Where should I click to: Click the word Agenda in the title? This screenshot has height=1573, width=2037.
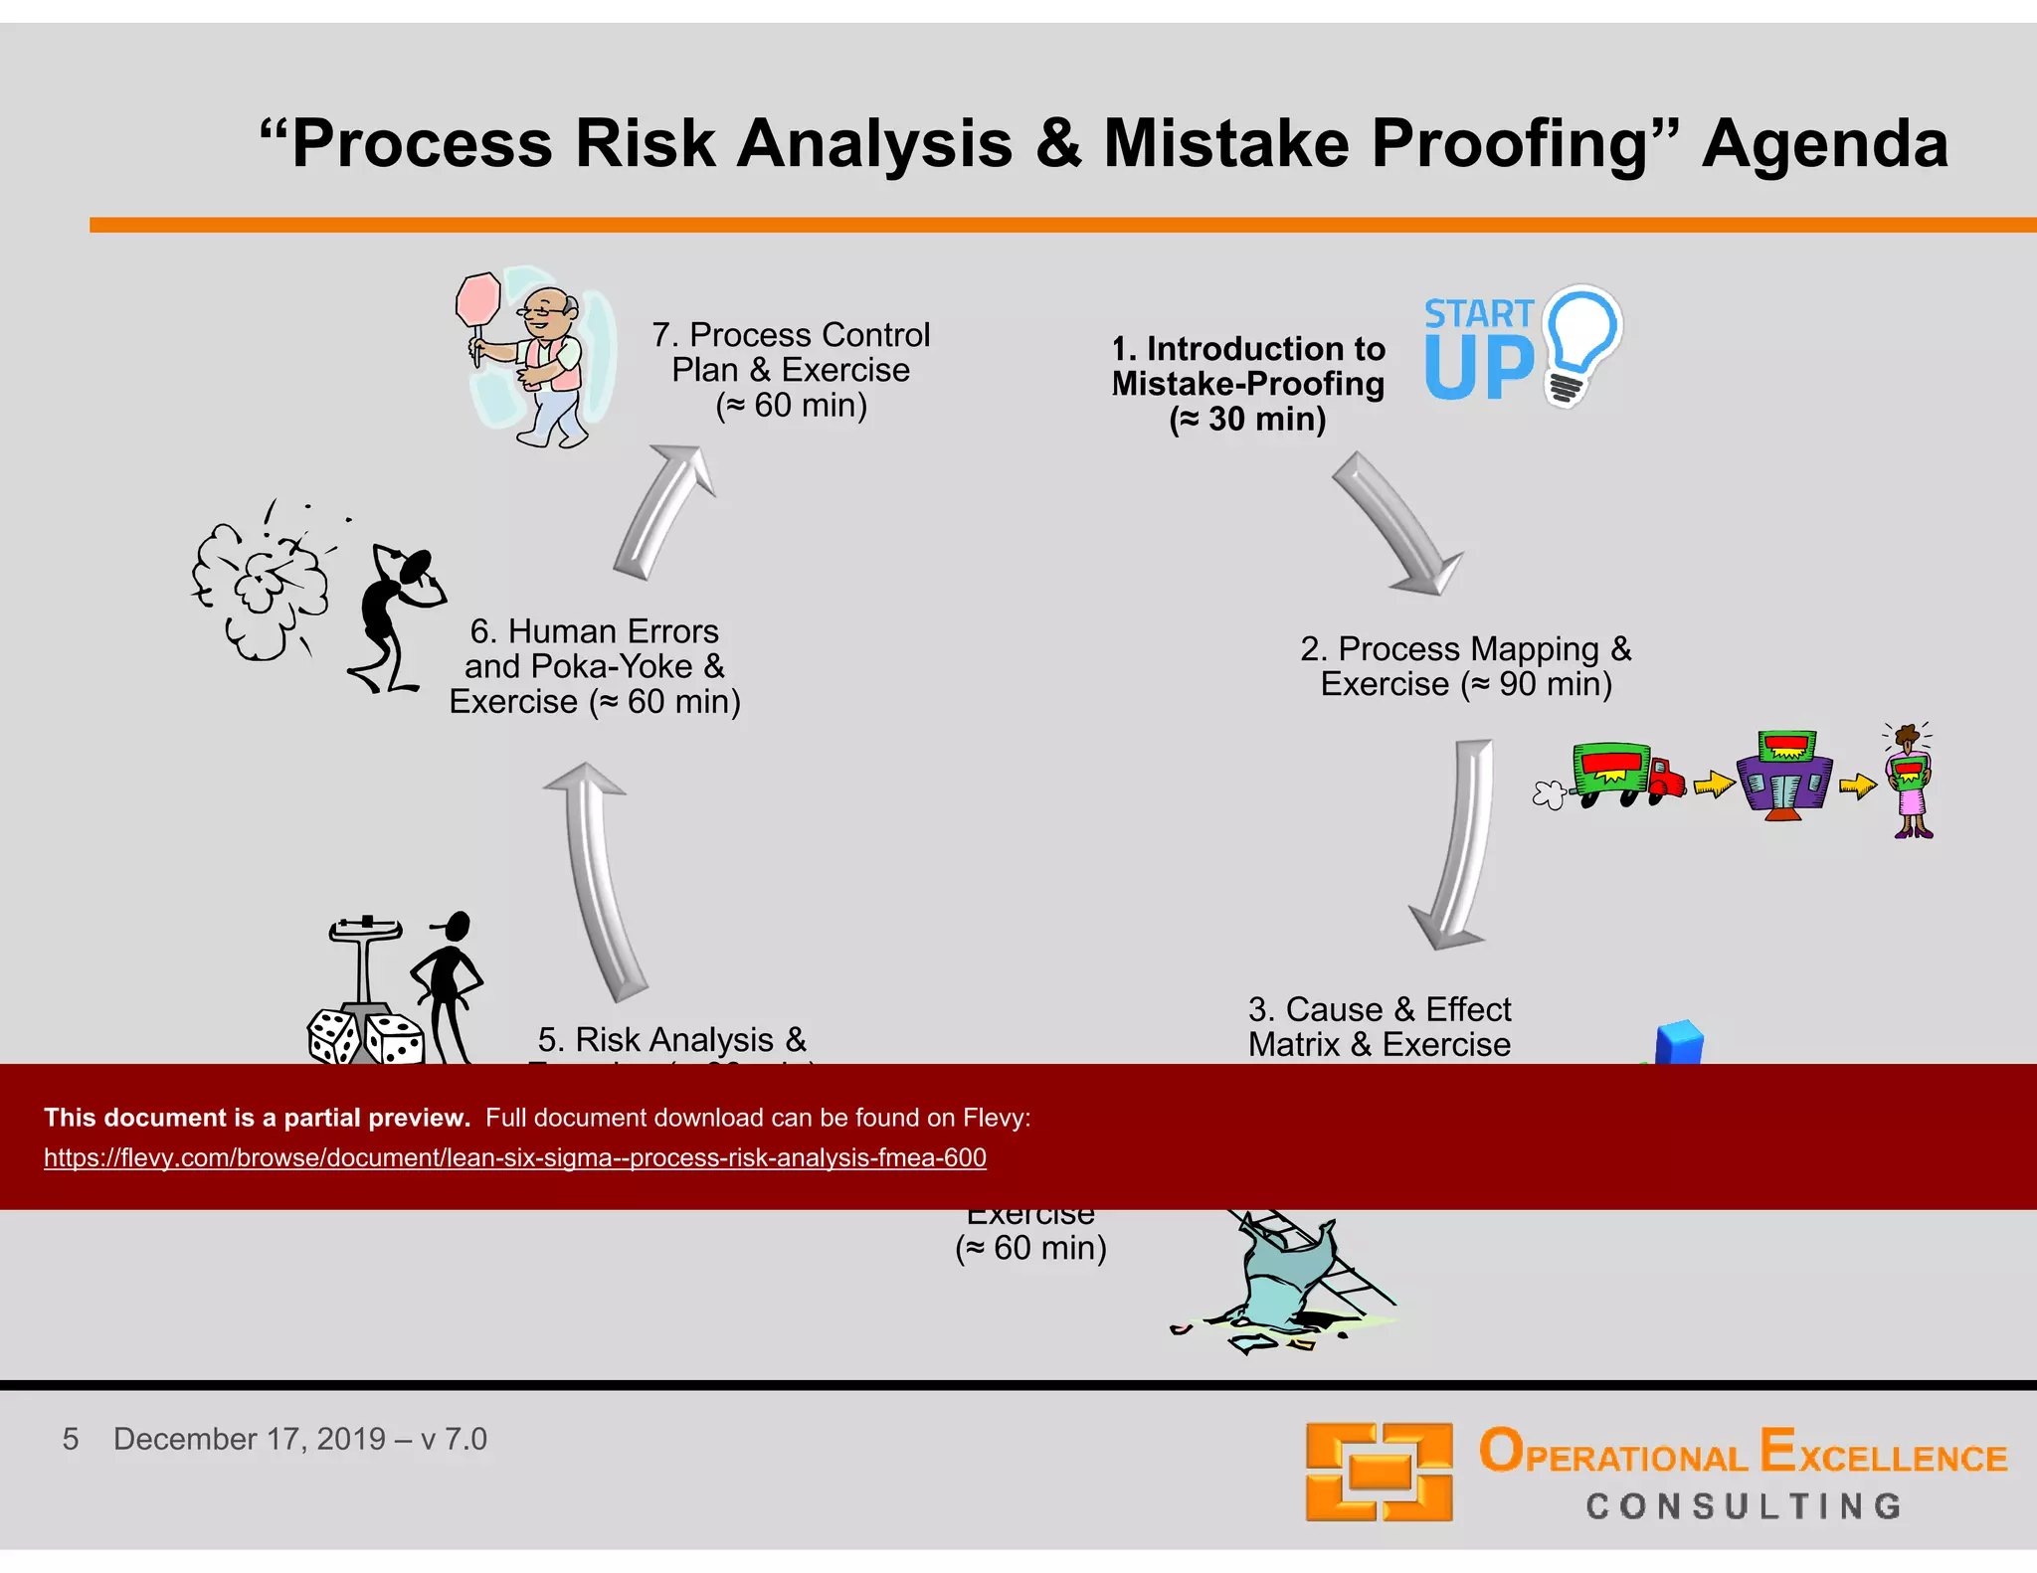pyautogui.click(x=1824, y=144)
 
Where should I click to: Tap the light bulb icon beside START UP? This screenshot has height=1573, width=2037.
pyautogui.click(x=1581, y=343)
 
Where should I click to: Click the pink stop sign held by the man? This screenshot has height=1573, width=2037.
pyautogui.click(x=478, y=299)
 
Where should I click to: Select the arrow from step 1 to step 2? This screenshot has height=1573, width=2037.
pyautogui.click(x=1396, y=524)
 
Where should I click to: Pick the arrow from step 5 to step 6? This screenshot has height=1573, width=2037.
pyautogui.click(x=597, y=880)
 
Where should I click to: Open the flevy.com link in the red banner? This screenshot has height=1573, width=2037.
pyautogui.click(x=514, y=1158)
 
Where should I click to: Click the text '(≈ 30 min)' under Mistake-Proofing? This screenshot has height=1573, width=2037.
pyautogui.click(x=1247, y=420)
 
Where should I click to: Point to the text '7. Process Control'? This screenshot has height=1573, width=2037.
pyautogui.click(x=791, y=335)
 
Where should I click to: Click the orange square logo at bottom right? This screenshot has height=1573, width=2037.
pyautogui.click(x=1379, y=1472)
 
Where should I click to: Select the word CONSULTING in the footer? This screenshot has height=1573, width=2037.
pyautogui.click(x=1743, y=1506)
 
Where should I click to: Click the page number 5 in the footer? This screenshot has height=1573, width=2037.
pyautogui.click(x=71, y=1439)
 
